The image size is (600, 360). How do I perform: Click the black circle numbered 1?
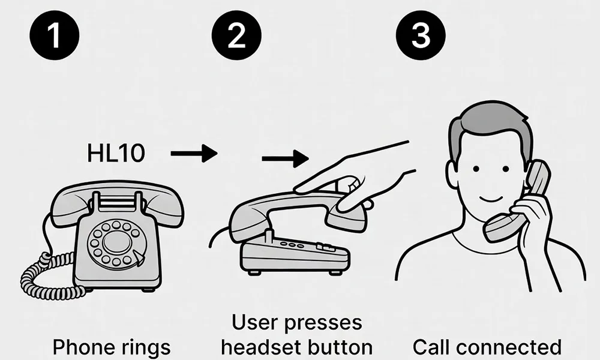(55, 34)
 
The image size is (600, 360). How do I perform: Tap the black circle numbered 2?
(236, 34)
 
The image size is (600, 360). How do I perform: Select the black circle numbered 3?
(421, 34)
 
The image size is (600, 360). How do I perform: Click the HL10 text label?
(116, 154)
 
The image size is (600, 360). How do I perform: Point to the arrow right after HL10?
(193, 154)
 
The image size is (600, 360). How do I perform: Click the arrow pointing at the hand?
(285, 159)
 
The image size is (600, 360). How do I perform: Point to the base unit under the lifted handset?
(294, 255)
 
